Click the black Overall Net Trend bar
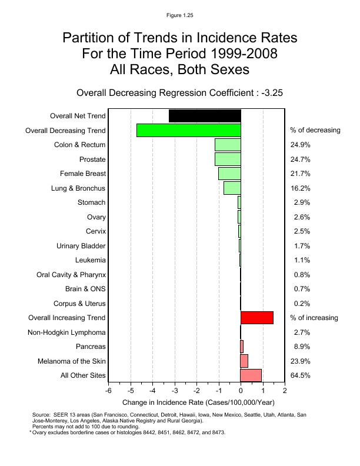tap(205, 116)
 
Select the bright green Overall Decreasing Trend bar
tap(189, 130)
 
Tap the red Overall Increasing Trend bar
tap(257, 318)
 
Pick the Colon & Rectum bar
tap(228, 145)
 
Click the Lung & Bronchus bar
tap(232, 188)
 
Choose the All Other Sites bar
tap(251, 375)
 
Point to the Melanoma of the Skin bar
tap(244, 361)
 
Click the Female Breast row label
tap(82, 174)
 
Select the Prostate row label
tap(92, 159)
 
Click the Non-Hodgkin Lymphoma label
tap(66, 332)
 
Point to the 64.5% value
tap(300, 375)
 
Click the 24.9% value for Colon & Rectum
tap(300, 145)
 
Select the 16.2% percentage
tap(300, 188)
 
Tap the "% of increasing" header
tap(314, 318)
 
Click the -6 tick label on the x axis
tap(108, 391)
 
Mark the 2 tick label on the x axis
tap(285, 391)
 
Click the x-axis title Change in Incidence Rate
tap(198, 402)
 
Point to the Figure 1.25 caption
tap(179, 14)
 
